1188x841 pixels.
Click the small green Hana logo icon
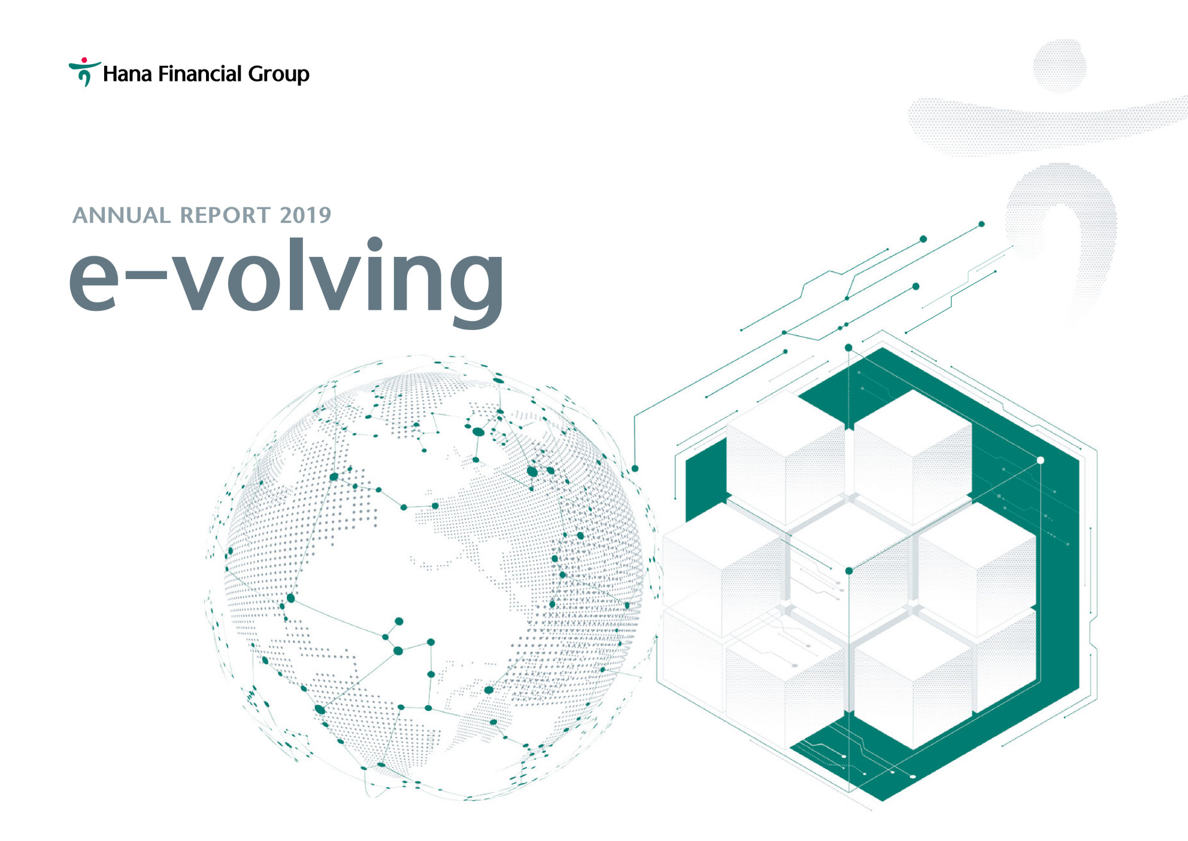pos(84,72)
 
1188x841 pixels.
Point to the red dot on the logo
pos(84,60)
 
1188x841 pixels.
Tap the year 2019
pos(305,216)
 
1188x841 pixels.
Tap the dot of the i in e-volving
pos(375,244)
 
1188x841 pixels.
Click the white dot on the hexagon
pos(1041,460)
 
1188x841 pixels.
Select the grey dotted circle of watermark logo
pos(1060,66)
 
